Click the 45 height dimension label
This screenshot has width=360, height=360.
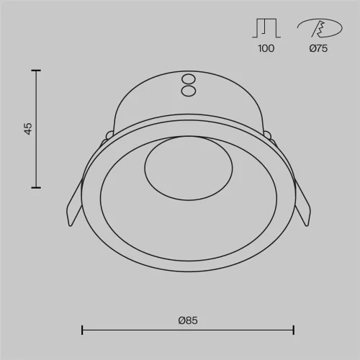tap(28, 129)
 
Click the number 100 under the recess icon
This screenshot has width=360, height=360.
tap(265, 48)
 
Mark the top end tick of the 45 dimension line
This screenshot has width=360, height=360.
tap(35, 71)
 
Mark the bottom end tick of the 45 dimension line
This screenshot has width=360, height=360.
tap(35, 188)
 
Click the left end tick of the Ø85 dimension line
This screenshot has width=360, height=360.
tap(82, 330)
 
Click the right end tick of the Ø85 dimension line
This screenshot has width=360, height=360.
tap(294, 330)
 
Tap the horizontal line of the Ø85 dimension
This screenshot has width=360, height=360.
tap(187, 330)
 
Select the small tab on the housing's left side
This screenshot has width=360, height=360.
tap(109, 134)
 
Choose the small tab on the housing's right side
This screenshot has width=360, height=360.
tap(267, 134)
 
